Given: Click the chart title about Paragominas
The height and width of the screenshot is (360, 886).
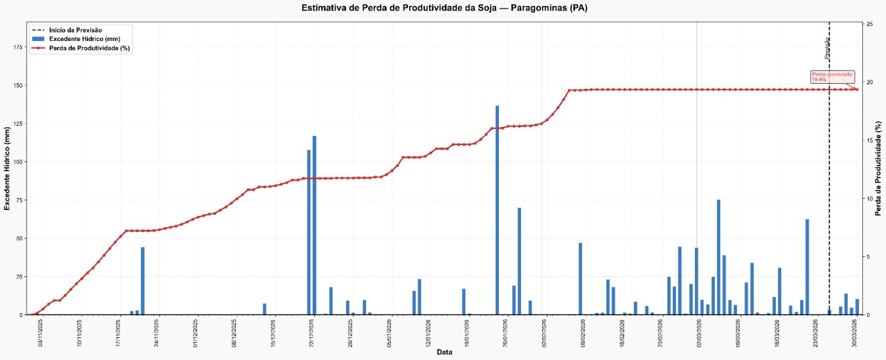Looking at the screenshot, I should [x=444, y=8].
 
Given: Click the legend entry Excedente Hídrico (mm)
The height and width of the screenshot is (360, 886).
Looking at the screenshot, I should [x=84, y=39].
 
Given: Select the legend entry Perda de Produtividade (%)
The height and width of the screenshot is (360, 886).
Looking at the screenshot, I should [x=89, y=48].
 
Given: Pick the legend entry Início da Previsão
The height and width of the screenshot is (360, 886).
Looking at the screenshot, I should [x=75, y=30].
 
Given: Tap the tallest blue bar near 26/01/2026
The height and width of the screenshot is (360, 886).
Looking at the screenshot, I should [x=497, y=210].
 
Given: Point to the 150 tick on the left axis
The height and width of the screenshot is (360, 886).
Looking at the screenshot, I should [x=18, y=85].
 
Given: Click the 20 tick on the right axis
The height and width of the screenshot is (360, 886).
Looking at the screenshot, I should [x=870, y=83].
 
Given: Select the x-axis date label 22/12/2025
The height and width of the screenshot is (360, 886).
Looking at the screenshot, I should [x=312, y=335].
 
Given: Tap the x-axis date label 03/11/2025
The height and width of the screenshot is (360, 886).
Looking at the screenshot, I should [x=40, y=335].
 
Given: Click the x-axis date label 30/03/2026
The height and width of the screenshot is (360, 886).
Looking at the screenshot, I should [x=855, y=335].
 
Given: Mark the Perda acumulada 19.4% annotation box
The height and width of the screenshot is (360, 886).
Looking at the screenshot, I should [x=832, y=77].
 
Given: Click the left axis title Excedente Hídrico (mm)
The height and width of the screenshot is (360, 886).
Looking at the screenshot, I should [x=7, y=169].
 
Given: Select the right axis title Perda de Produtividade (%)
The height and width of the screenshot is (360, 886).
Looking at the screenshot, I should [x=878, y=169].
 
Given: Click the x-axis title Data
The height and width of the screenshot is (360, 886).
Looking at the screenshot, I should [x=444, y=352].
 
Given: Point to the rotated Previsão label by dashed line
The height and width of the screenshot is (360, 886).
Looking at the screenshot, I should [x=827, y=48].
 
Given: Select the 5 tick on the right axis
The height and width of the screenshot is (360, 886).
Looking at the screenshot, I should [x=868, y=257].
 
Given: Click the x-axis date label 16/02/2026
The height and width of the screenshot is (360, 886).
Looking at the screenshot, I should [x=622, y=335].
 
